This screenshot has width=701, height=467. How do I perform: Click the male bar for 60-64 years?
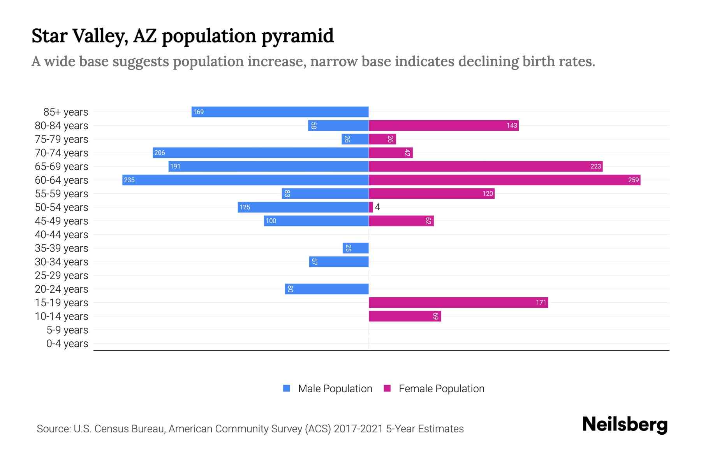245,180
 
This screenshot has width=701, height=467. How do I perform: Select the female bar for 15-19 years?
458,302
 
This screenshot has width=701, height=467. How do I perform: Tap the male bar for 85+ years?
280,112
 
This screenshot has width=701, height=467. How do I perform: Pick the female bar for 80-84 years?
444,125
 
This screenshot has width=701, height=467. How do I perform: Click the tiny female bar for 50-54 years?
371,207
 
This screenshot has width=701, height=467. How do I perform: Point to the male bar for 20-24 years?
327,289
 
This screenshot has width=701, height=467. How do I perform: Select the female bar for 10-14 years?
405,316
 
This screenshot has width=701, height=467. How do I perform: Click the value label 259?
633,180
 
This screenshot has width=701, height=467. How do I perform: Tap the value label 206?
160,153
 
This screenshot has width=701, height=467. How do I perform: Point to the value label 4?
377,207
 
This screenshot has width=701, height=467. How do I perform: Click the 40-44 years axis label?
62,235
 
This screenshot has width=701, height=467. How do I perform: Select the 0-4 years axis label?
67,344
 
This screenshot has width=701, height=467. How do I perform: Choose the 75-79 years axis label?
62,139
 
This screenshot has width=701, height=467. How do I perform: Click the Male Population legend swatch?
287,388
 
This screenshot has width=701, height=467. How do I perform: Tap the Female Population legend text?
441,388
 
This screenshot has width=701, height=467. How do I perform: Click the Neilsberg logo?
625,425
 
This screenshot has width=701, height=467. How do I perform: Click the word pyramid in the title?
298,36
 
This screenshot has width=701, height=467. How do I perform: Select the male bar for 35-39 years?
356,248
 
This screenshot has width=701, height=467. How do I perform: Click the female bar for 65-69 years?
486,166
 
